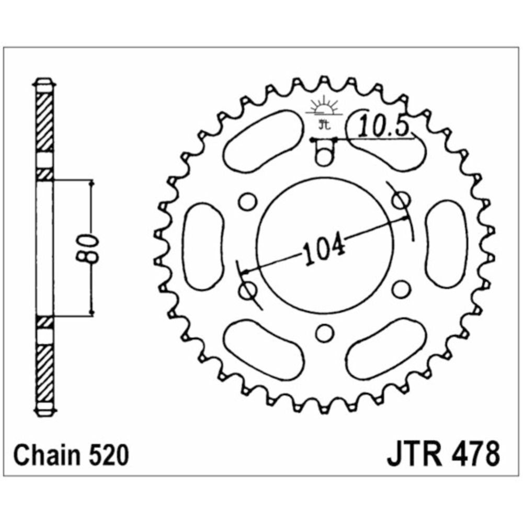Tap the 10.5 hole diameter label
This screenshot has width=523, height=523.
[x=383, y=127]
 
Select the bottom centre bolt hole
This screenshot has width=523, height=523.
[x=325, y=333]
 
